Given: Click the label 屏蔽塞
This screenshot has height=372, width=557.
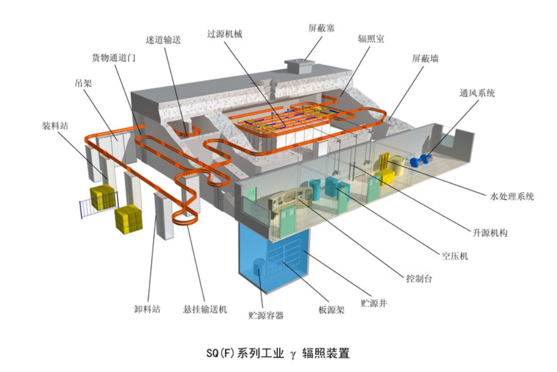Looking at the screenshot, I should (x=321, y=27).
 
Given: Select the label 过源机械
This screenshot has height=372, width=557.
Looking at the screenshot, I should (x=225, y=34).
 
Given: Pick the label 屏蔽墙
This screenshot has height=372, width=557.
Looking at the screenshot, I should (x=425, y=58).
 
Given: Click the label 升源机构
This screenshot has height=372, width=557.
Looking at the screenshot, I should (x=489, y=233).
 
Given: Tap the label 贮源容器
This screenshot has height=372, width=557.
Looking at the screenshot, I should (x=266, y=316).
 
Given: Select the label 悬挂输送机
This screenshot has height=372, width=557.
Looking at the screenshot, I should (x=205, y=309).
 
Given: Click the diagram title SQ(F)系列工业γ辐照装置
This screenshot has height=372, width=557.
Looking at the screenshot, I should (x=278, y=352).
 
